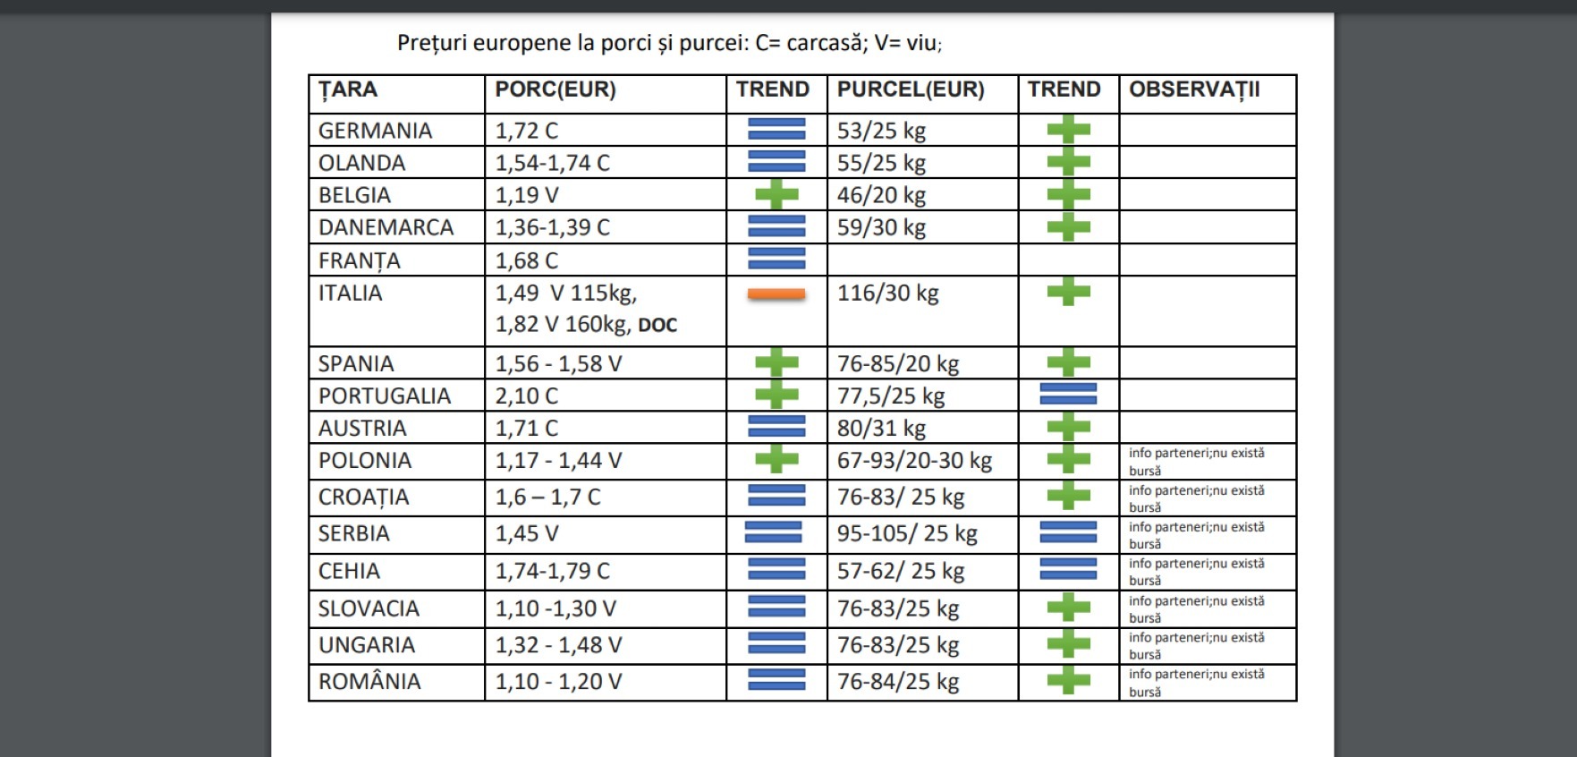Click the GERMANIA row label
(375, 131)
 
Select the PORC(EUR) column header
(555, 89)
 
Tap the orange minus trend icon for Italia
(776, 293)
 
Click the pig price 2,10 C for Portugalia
(526, 396)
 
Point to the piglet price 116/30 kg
(887, 293)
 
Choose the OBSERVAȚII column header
(1193, 89)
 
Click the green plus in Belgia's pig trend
(776, 194)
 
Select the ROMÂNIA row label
(369, 682)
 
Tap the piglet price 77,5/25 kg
(890, 396)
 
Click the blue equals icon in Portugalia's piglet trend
(1068, 394)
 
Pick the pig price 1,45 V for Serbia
(526, 534)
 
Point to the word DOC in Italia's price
(657, 326)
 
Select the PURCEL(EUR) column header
(910, 89)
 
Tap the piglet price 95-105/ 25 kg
(906, 534)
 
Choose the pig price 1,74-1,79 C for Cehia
(552, 571)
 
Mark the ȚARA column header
(347, 89)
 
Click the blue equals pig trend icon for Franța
(776, 259)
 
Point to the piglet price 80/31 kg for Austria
(880, 428)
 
